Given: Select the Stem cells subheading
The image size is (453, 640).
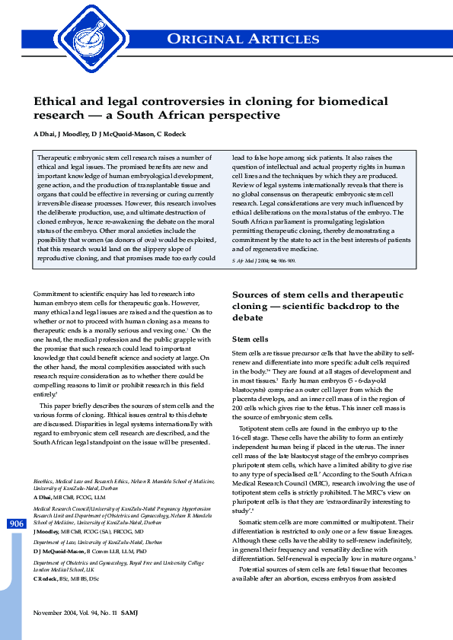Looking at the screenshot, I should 249,339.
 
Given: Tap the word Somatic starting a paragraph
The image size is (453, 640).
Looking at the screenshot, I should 255,521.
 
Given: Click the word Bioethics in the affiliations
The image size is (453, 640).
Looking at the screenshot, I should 47,481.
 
